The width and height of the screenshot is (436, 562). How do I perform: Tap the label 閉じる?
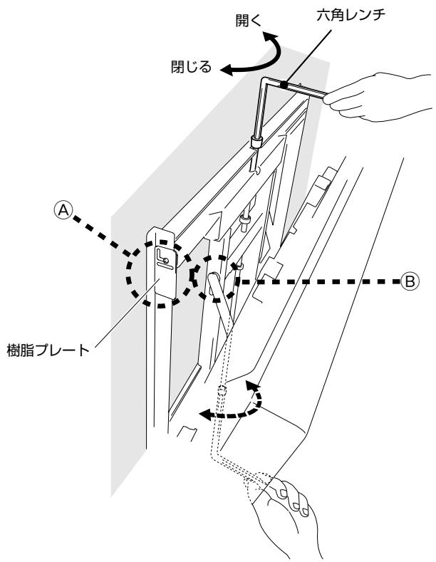pos(191,67)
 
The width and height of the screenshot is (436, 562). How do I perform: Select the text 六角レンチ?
pos(351,15)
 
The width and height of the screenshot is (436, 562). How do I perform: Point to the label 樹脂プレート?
pos(48,350)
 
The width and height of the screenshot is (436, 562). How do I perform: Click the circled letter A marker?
pos(63,210)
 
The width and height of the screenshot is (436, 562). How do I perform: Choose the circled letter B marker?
pos(410,281)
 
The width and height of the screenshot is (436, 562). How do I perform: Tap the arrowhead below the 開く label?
pos(271,36)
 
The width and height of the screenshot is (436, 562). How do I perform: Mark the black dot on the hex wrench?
pos(284,85)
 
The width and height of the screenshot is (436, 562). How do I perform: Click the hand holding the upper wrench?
pos(376,97)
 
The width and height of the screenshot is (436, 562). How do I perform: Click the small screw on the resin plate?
pos(165,261)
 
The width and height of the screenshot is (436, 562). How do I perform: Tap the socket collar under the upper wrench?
pos(256,142)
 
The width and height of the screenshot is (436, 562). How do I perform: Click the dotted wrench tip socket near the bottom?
pos(222,390)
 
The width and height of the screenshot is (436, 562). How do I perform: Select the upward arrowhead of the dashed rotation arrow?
pos(252,387)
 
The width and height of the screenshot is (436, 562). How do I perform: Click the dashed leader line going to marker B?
pos(319,282)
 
